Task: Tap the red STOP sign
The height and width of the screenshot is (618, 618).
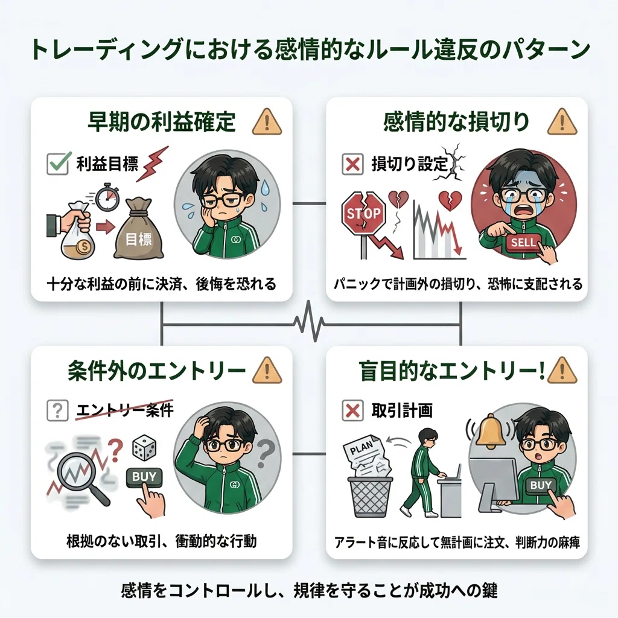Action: point(363,214)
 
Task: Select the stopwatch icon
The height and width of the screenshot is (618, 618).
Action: point(107,197)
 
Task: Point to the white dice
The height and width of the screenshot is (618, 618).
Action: point(144,447)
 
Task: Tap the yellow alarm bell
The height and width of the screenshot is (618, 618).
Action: point(490,431)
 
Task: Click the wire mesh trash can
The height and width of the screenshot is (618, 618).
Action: point(370,497)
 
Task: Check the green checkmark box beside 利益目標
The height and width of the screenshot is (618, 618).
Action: point(58,164)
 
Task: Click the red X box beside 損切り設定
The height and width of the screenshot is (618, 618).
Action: point(352,164)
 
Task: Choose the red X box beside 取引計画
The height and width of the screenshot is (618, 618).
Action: point(352,410)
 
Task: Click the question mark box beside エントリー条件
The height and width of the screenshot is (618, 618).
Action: point(57,410)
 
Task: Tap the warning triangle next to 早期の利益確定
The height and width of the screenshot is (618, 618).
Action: point(267,122)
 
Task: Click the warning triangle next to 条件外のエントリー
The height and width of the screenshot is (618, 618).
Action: point(267,370)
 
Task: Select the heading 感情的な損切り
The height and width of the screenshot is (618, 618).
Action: point(456,121)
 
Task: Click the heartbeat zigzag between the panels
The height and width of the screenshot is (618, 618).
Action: point(310,321)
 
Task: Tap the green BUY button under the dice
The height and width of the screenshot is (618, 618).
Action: point(144,477)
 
